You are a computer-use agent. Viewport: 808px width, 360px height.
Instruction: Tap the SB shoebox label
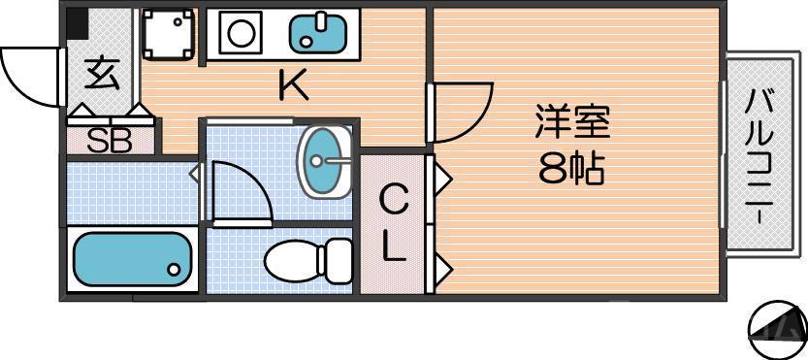(x=109, y=142)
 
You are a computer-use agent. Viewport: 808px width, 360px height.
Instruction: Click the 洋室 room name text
(x=571, y=124)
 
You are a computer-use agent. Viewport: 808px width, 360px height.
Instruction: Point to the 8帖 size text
(x=571, y=170)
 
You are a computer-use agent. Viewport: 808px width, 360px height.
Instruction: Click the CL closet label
(x=393, y=224)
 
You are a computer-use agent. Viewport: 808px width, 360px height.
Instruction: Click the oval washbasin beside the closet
(x=325, y=161)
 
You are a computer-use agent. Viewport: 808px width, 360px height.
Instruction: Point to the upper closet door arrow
(x=440, y=178)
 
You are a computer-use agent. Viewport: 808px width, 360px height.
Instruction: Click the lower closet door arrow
(x=440, y=265)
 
